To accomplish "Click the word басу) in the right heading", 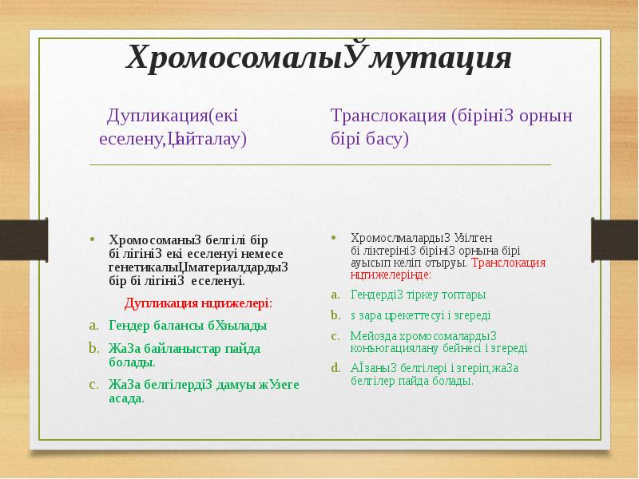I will pyautogui.click(x=383, y=138).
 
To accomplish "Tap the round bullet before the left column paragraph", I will pyautogui.click(x=92, y=239).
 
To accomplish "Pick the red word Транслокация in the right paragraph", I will pyautogui.click(x=509, y=262).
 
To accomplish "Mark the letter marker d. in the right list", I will pyautogui.click(x=336, y=368).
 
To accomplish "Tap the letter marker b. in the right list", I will pyautogui.click(x=336, y=315).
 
